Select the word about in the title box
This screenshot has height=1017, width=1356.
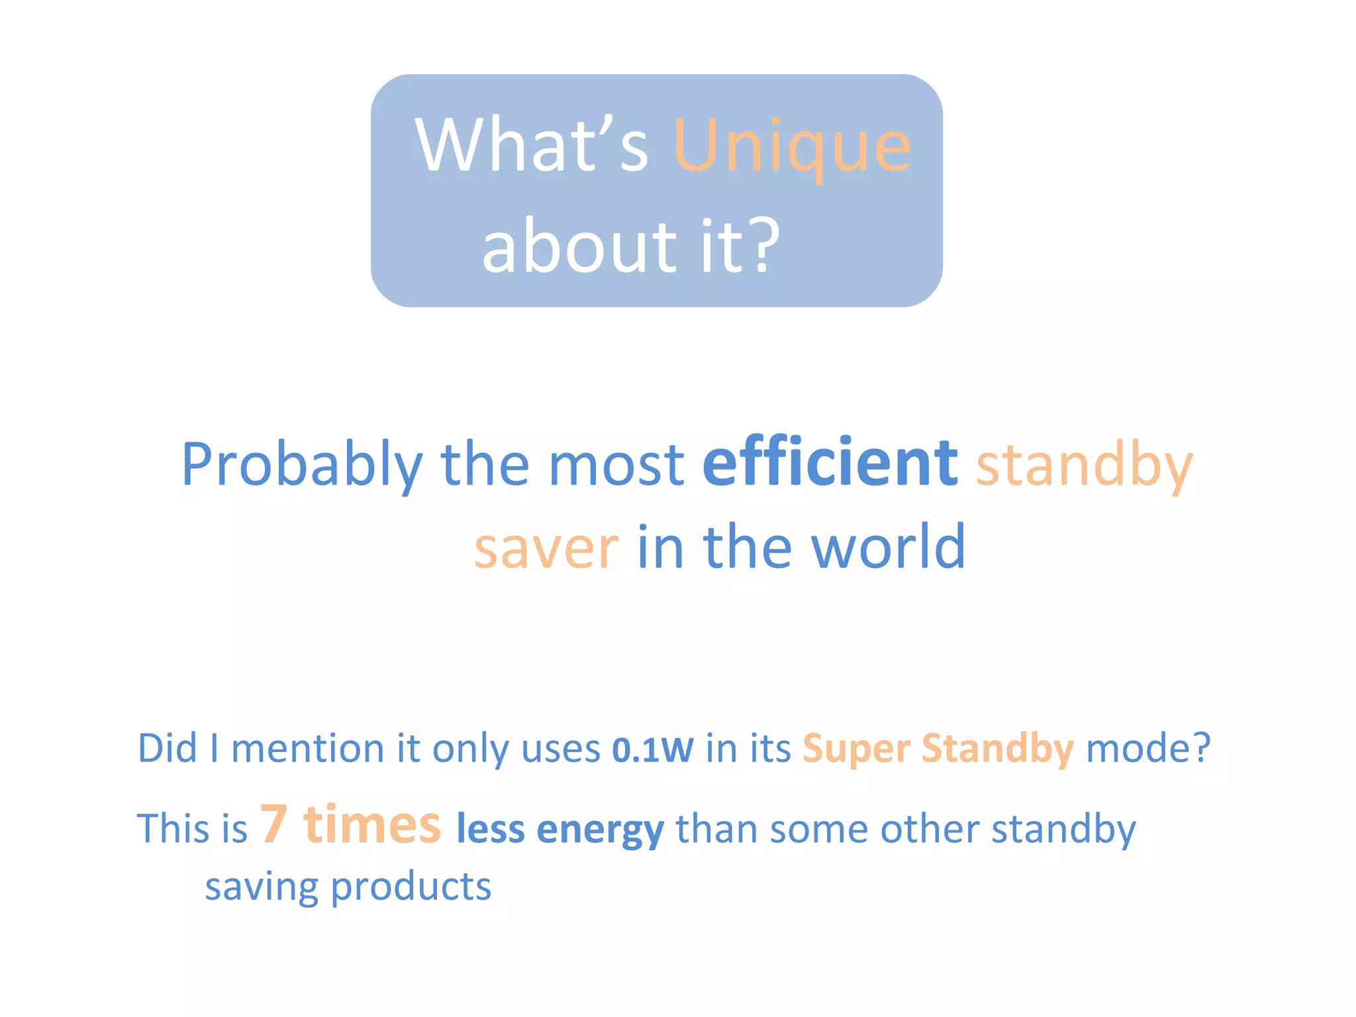pyautogui.click(x=576, y=246)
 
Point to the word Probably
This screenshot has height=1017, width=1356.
pyautogui.click(x=302, y=465)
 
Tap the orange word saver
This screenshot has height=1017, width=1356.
pyautogui.click(x=546, y=548)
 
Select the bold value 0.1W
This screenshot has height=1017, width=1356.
pyautogui.click(x=653, y=750)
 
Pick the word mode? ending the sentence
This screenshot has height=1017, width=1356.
pyautogui.click(x=1148, y=749)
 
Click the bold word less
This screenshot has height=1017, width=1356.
pyautogui.click(x=491, y=829)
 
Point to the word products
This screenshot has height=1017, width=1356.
pyautogui.click(x=411, y=887)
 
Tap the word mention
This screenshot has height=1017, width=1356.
pyautogui.click(x=307, y=749)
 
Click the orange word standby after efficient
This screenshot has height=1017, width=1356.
pyautogui.click(x=1084, y=465)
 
